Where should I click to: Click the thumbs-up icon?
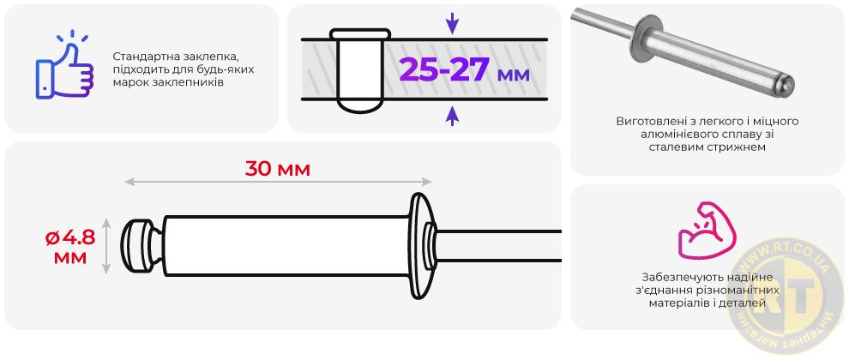tap(64, 66)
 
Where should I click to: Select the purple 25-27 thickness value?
tap(444, 69)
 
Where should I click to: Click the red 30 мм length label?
tap(278, 169)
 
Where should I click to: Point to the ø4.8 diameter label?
tap(70, 237)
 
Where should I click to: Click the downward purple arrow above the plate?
tap(452, 23)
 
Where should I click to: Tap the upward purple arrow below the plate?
tap(452, 116)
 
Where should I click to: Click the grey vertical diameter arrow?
tap(106, 246)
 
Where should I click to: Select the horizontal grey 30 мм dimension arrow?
tap(278, 182)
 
